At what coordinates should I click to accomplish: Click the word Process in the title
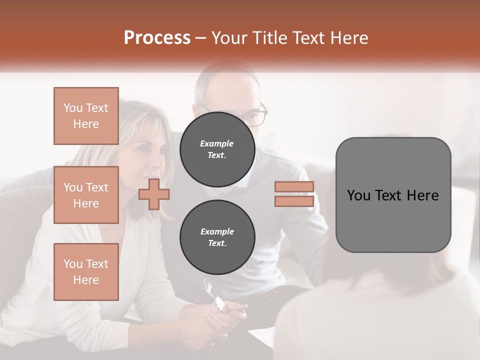[x=157, y=38]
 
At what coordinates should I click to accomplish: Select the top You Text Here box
[x=86, y=116]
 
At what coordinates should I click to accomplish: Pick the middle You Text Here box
[x=86, y=195]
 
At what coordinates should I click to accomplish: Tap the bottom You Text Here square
[x=86, y=272]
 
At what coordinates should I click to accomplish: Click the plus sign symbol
[x=154, y=194]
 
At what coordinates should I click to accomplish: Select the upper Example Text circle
[x=217, y=149]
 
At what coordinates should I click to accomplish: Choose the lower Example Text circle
[x=217, y=237]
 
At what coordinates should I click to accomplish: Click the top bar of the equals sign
[x=294, y=187]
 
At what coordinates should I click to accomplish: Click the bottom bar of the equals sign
[x=294, y=201]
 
